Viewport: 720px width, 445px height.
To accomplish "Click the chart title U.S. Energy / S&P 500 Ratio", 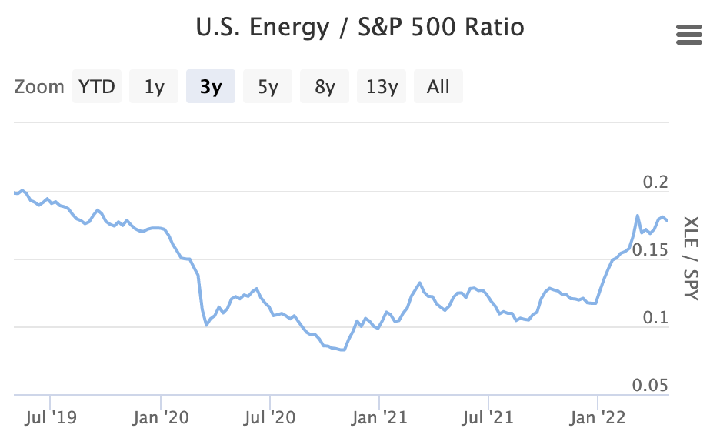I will (360, 28).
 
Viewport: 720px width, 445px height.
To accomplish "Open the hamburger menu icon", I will (688, 35).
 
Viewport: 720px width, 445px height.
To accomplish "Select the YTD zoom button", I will (97, 86).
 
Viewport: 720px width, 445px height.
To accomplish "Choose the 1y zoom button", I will (154, 86).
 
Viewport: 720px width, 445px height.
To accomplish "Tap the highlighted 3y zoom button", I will (211, 86).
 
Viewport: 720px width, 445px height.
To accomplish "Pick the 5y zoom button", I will (268, 86).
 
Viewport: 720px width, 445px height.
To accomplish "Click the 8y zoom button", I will (325, 86).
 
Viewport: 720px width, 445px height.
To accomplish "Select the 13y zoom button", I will (382, 86).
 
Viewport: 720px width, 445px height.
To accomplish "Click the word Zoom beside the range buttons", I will (38, 87).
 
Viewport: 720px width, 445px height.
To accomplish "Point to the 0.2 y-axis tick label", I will (655, 182).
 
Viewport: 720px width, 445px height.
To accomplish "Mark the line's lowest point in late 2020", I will (344, 350).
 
